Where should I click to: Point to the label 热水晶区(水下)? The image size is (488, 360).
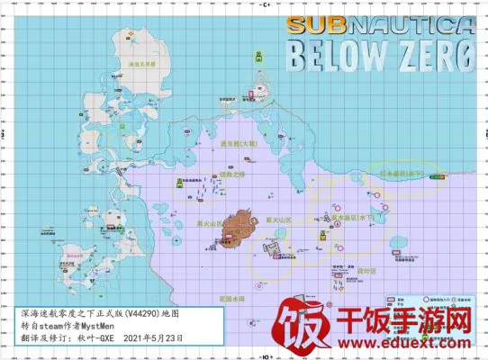(x=352, y=217)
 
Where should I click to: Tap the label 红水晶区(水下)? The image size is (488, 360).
(x=406, y=170)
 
